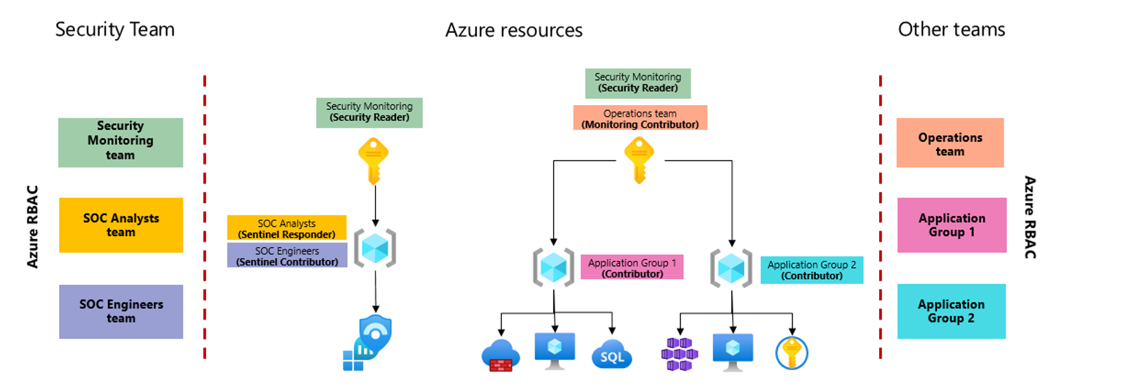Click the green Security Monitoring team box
120,142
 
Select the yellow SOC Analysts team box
121,225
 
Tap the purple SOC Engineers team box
121,311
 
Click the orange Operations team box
950,143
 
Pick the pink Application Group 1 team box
951,225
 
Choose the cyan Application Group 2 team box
951,311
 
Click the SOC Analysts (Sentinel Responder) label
287,229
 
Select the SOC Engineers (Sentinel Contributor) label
287,256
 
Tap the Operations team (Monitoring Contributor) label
640,118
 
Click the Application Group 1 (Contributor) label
632,268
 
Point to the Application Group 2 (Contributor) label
812,270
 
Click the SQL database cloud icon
611,354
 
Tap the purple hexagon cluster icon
679,354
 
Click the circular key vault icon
792,353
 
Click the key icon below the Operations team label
639,159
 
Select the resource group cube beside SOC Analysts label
375,248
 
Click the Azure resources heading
513,30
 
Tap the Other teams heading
951,30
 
